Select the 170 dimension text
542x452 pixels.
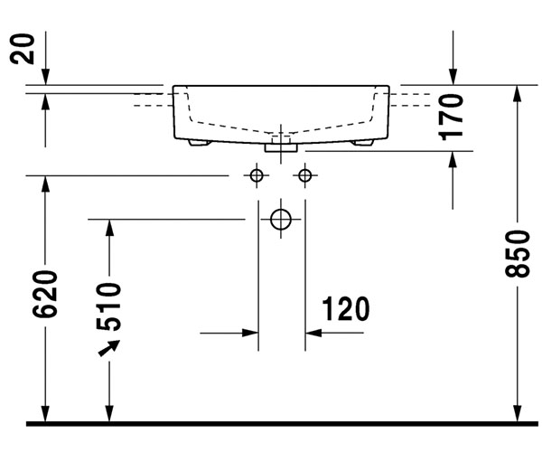[453, 115]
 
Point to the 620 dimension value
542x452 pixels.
[47, 294]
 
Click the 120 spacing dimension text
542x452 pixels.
[344, 309]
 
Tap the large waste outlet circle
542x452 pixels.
[281, 219]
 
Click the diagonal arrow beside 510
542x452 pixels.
[108, 348]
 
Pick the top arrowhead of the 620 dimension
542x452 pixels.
[44, 182]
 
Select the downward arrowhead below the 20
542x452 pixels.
[44, 79]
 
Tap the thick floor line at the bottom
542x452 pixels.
[271, 422]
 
